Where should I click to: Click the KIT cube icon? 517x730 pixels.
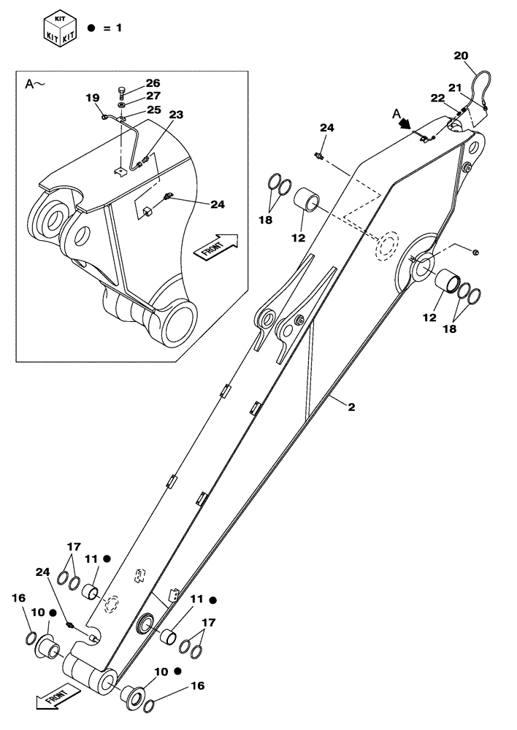click(x=61, y=26)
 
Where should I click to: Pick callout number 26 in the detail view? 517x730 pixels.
click(x=152, y=83)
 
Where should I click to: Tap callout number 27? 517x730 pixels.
click(x=152, y=95)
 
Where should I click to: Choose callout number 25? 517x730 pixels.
click(x=152, y=109)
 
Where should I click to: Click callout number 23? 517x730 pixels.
click(x=176, y=115)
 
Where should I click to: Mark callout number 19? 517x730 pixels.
click(x=92, y=98)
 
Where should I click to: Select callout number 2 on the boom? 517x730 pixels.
click(x=351, y=407)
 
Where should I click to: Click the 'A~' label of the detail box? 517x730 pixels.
click(x=35, y=85)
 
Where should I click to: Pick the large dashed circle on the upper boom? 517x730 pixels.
click(x=386, y=246)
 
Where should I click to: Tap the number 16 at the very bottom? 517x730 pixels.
click(x=196, y=686)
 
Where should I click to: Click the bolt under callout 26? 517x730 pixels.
click(x=122, y=92)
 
